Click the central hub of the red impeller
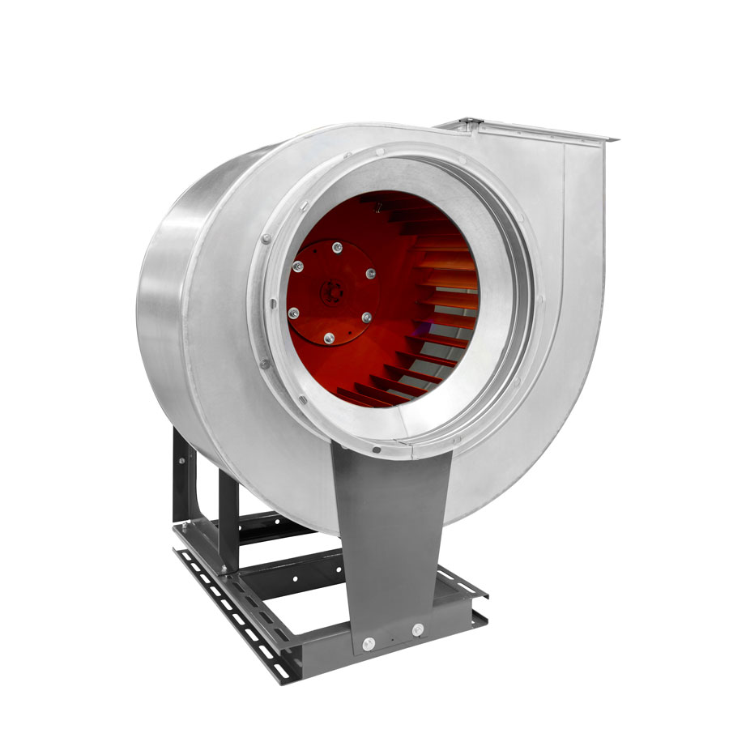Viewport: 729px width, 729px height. tap(330, 292)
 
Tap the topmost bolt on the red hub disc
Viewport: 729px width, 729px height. tap(337, 247)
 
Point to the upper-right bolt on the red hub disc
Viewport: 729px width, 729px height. tap(371, 274)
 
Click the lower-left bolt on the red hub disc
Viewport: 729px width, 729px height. tap(293, 312)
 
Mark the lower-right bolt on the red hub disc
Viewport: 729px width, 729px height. tap(366, 317)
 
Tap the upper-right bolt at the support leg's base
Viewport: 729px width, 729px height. tap(417, 629)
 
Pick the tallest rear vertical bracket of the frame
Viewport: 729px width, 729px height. tap(182, 478)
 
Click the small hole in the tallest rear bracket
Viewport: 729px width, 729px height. tap(181, 461)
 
